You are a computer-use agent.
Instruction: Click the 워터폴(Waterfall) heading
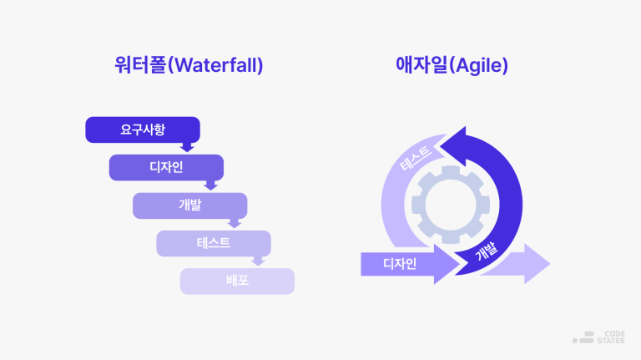[x=189, y=65]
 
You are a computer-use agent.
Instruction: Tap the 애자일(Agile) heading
[x=452, y=65]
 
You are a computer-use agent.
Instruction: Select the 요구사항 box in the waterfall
[x=143, y=129]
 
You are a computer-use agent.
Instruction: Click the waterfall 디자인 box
[x=166, y=167]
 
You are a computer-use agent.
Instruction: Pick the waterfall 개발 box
[x=189, y=205]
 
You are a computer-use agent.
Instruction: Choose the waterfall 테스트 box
[x=214, y=243]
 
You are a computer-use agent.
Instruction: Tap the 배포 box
[x=237, y=281]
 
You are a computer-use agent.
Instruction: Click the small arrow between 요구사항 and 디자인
[x=188, y=147]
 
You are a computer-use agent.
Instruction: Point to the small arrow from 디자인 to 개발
[x=211, y=185]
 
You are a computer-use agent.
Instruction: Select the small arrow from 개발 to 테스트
[x=235, y=223]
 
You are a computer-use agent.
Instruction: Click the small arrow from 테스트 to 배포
[x=258, y=261]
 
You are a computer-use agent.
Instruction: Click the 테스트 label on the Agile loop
[x=415, y=159]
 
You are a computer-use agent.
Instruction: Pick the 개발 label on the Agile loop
[x=485, y=252]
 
